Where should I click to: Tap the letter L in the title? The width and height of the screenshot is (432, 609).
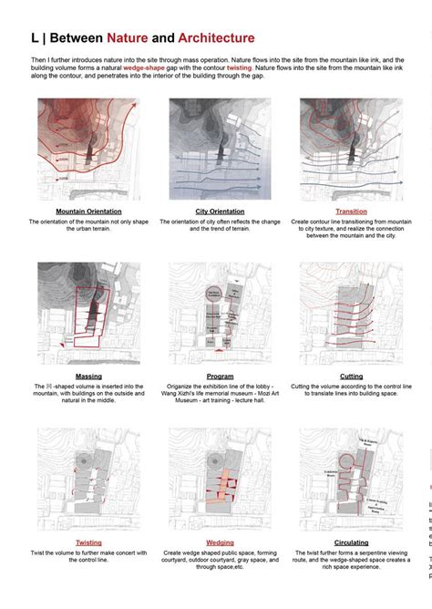[35, 38]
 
